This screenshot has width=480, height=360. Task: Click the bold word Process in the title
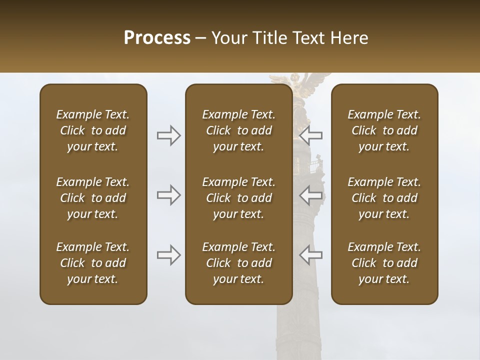coord(157,38)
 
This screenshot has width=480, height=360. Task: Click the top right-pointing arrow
coord(168,135)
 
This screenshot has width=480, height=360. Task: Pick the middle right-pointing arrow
coord(168,195)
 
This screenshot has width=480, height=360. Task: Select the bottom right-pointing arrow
coord(168,255)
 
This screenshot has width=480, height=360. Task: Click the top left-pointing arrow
coord(311,135)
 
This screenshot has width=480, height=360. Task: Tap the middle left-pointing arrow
coord(311,195)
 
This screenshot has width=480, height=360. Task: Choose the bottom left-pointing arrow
coord(311,255)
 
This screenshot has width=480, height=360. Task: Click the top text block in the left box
coord(93,130)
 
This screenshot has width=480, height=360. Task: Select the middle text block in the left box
coord(93,198)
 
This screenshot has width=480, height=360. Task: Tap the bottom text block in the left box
coord(93,263)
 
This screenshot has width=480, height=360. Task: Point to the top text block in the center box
coord(239,130)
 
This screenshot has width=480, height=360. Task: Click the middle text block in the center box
coord(239,198)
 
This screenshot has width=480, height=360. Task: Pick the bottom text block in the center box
coord(239,263)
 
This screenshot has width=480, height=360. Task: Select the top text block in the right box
coord(384,130)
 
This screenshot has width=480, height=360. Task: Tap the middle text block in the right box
coord(384,198)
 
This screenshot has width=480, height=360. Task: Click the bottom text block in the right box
coord(384,263)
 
